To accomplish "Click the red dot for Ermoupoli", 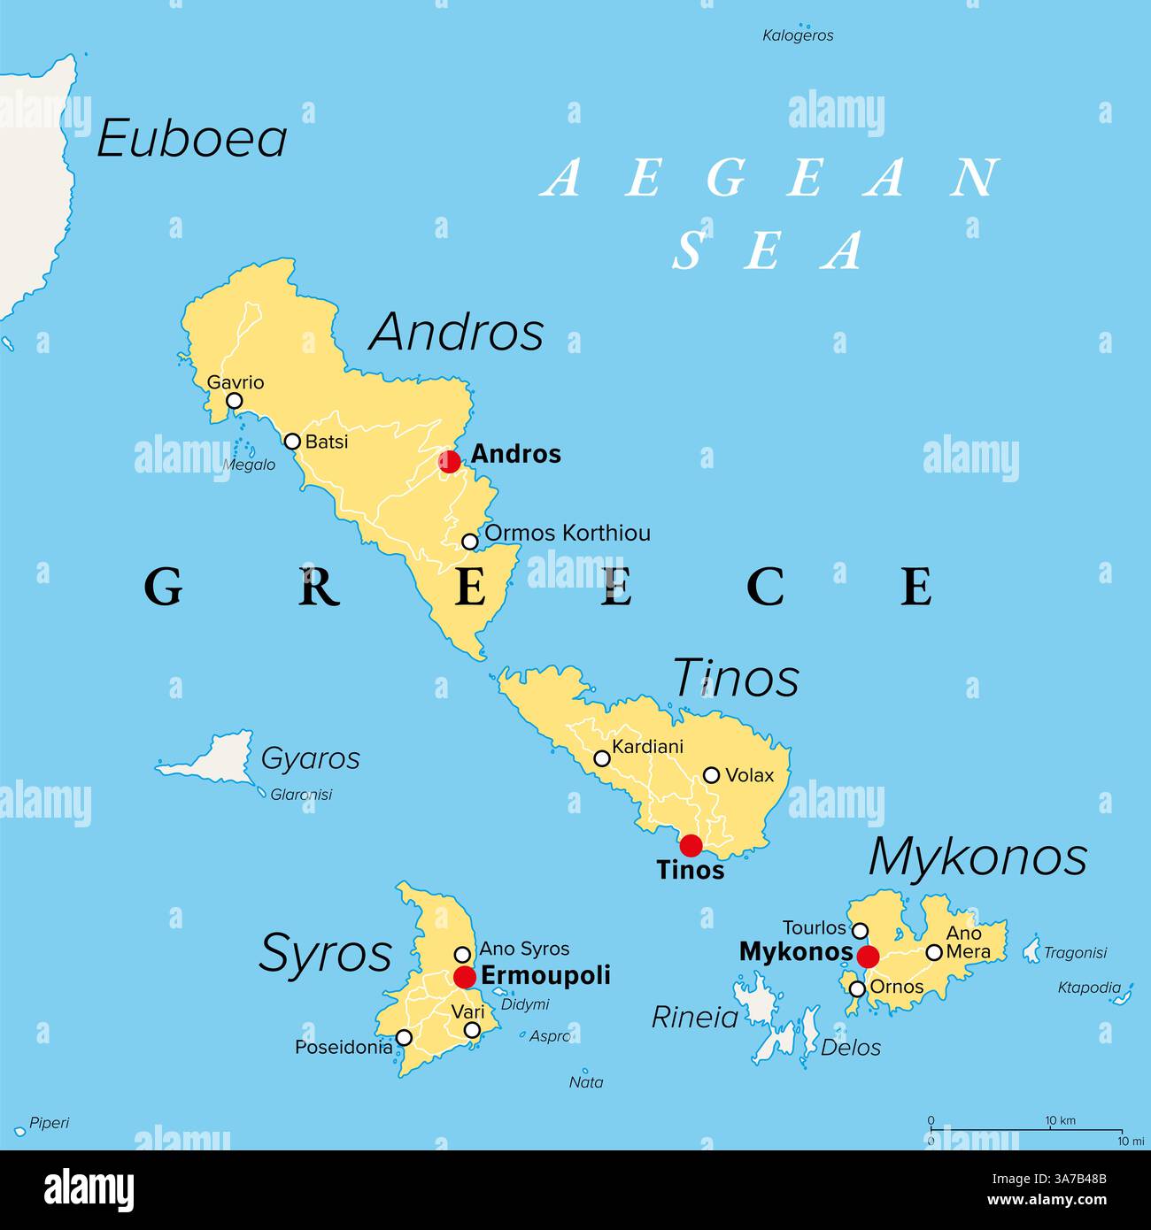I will pyautogui.click(x=465, y=977).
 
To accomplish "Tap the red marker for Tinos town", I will pyautogui.click(x=691, y=845).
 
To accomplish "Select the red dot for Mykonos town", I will pyautogui.click(x=868, y=956).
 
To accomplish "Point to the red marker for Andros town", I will pyautogui.click(x=450, y=461).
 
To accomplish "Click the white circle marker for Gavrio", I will pyautogui.click(x=235, y=401).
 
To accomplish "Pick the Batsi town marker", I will pyautogui.click(x=292, y=441).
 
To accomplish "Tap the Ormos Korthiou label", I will pyautogui.click(x=568, y=534).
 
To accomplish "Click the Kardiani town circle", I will pyautogui.click(x=602, y=758).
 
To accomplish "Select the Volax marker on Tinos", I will pyautogui.click(x=711, y=775).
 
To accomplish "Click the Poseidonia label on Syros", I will pyautogui.click(x=344, y=1048).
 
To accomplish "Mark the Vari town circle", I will pyautogui.click(x=473, y=1030).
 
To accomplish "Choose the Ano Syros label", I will pyautogui.click(x=524, y=949).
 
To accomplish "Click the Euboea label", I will pyautogui.click(x=192, y=140).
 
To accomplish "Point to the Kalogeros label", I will pyautogui.click(x=798, y=36).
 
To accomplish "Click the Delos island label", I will pyautogui.click(x=851, y=1048).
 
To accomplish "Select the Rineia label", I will pyautogui.click(x=695, y=1018).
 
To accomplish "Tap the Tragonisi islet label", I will pyautogui.click(x=1075, y=953).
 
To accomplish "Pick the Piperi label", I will pyautogui.click(x=49, y=1124).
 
